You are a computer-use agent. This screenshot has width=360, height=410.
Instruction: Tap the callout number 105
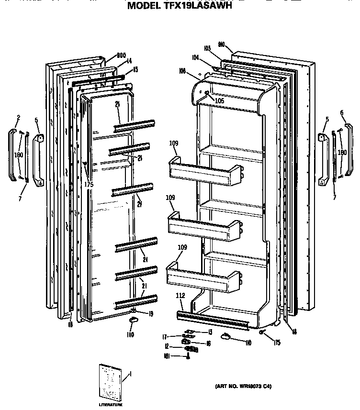point(219,101)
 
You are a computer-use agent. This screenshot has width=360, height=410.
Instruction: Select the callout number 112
point(180,295)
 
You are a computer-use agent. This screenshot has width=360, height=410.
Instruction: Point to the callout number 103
point(207,48)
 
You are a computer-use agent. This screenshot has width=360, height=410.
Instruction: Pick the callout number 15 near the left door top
point(135,70)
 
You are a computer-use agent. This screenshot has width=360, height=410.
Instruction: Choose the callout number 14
point(129,61)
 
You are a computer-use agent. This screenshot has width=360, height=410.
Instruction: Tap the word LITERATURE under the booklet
point(111,405)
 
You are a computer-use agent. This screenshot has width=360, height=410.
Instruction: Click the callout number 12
point(167,346)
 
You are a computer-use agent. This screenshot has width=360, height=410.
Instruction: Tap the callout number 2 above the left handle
point(18,118)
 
